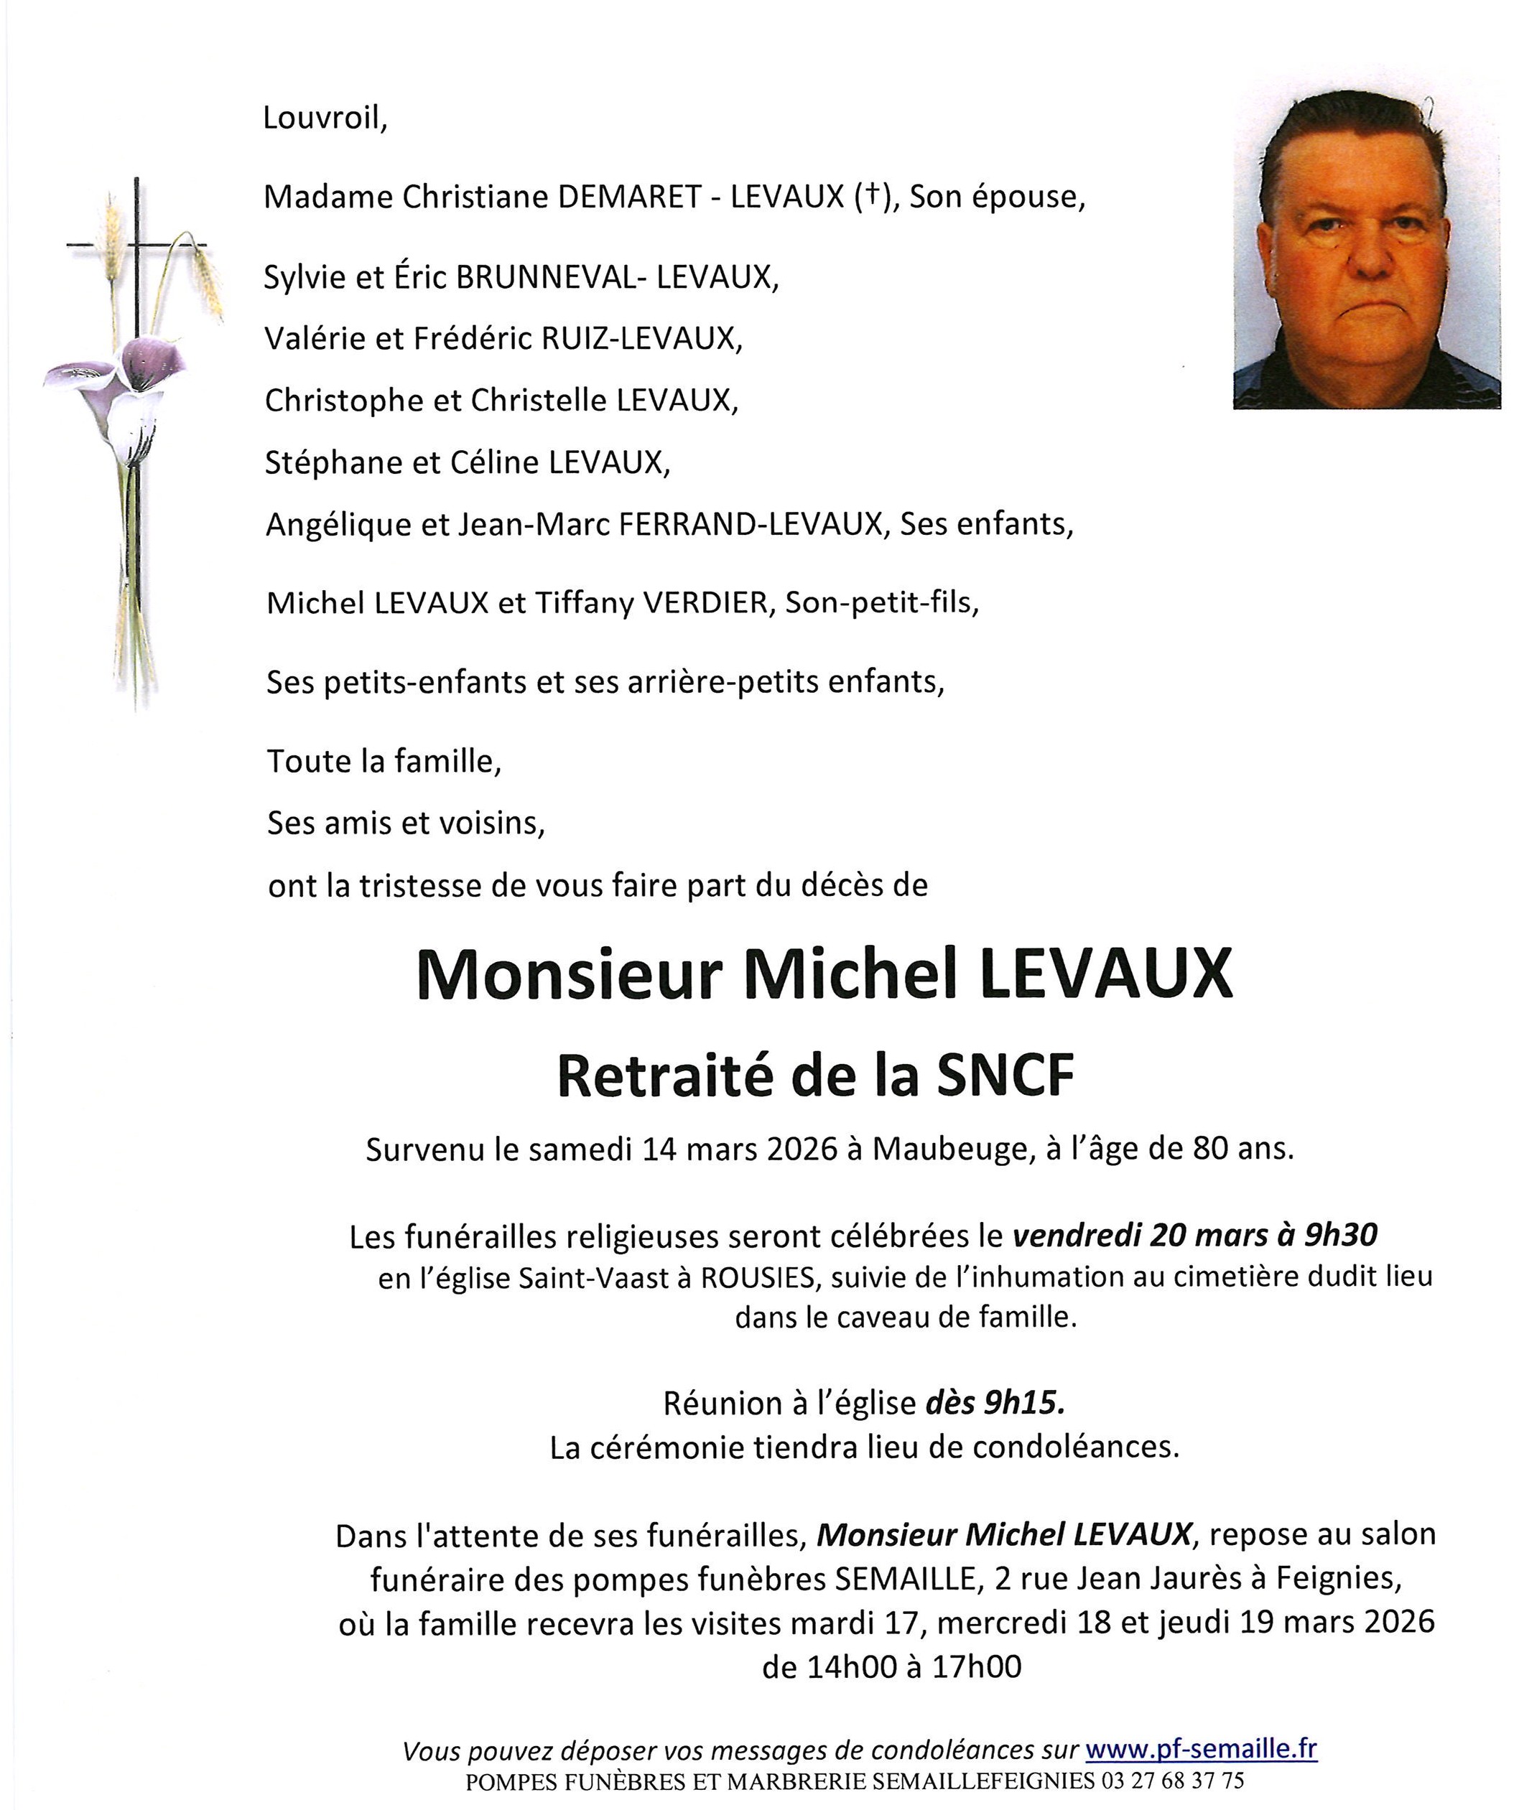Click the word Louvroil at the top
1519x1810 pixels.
pyautogui.click(x=324, y=118)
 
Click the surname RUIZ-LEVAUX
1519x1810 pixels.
pyautogui.click(x=641, y=339)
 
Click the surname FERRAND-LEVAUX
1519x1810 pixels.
pyautogui.click(x=749, y=524)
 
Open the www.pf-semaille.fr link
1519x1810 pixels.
pyautogui.click(x=1201, y=1750)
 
